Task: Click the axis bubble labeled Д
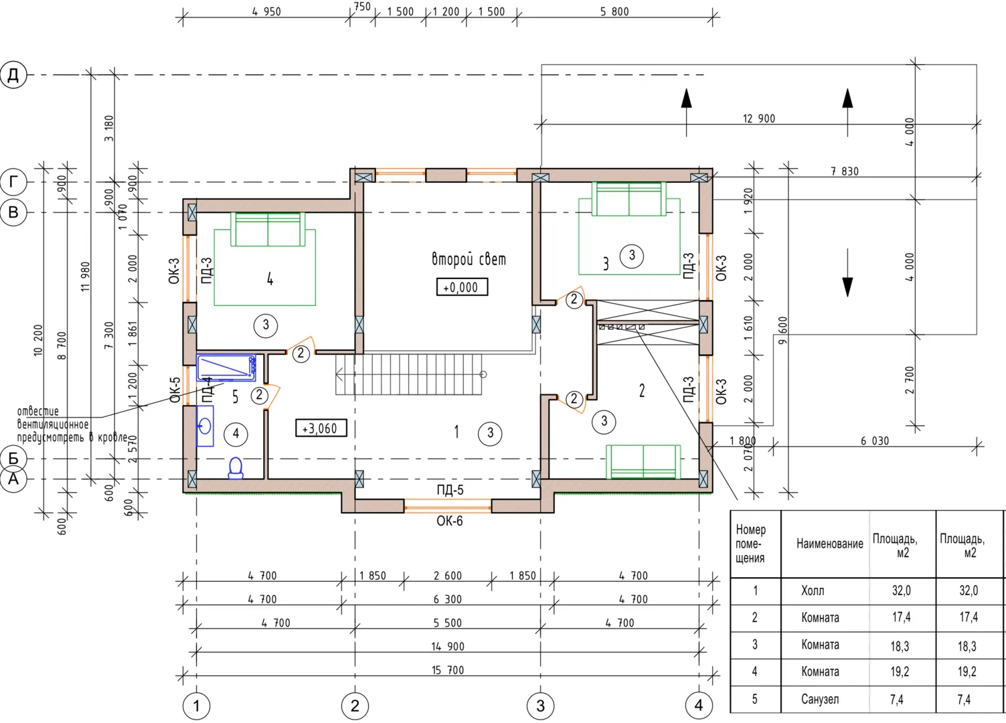pos(13,74)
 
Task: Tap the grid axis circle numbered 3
pos(540,706)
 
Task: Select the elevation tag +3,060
pos(321,428)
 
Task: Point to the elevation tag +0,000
pos(462,287)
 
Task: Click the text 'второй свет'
pos(469,259)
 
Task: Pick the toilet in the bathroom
pos(236,469)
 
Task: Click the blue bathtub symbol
pos(226,368)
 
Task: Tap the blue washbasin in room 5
pos(205,426)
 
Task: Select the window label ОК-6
pos(450,521)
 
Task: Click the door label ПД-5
pos(450,490)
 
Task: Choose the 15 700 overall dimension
pos(448,670)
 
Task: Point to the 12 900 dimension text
pos(759,118)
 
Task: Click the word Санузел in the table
pos(820,699)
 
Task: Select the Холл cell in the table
pos(813,590)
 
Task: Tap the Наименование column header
pos(829,544)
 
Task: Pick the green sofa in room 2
pos(643,462)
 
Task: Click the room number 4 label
pos(270,279)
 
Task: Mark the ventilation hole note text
pos(72,424)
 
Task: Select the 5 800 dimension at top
pos(614,11)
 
